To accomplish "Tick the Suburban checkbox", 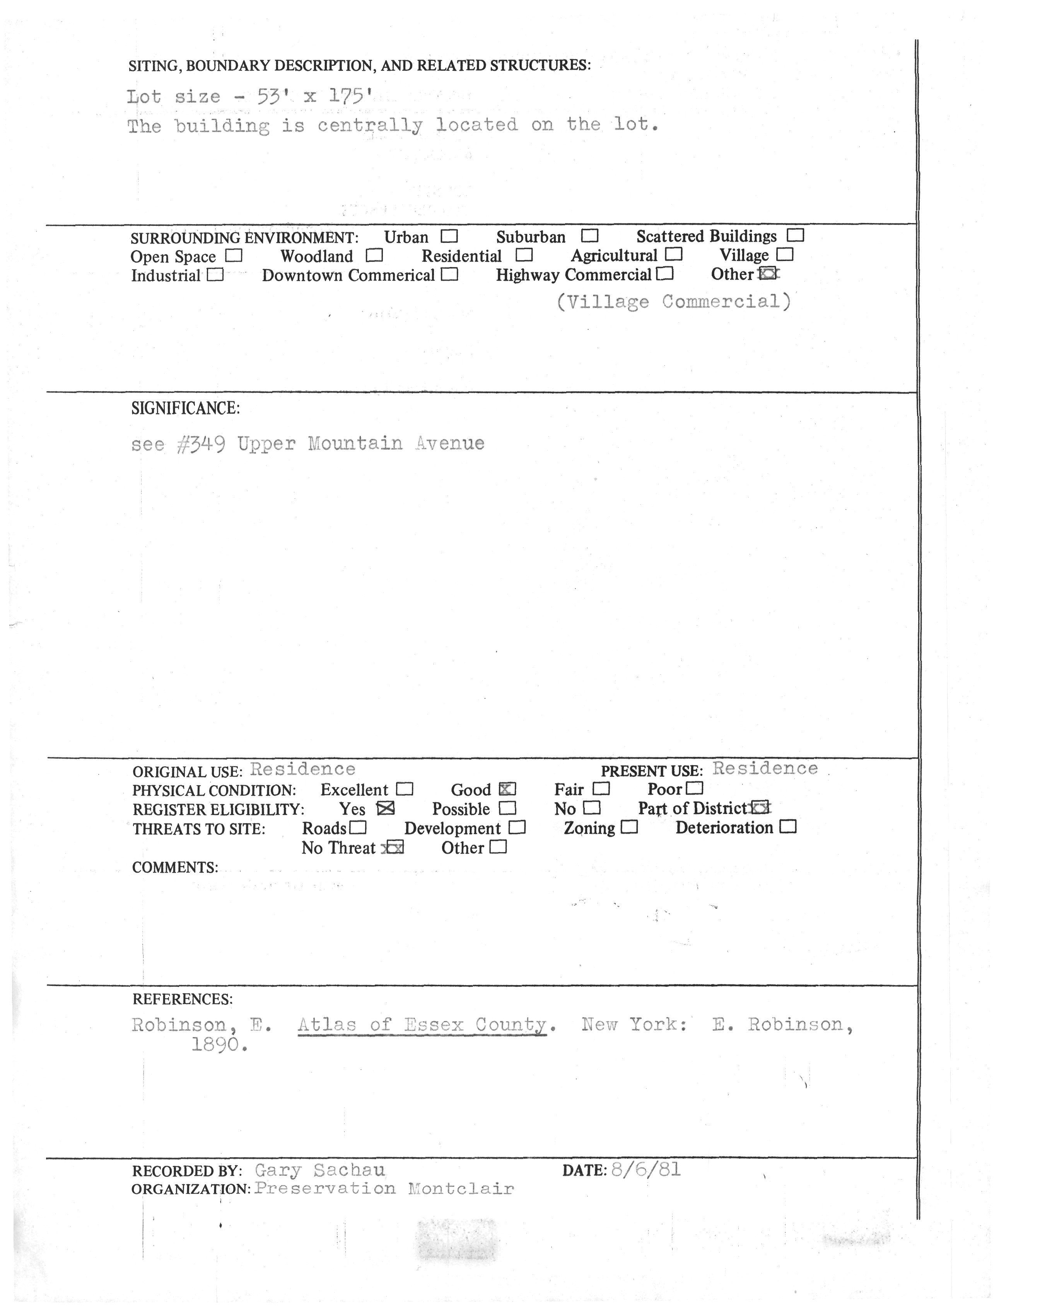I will coord(589,235).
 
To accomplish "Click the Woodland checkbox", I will coord(374,255).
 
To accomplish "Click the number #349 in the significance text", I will coord(201,444).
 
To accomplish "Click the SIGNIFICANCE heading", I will coord(186,408).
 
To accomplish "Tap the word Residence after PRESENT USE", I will coord(765,769).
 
